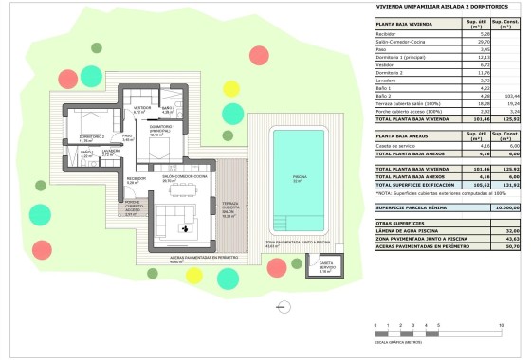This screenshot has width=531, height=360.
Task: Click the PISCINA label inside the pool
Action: (x=299, y=178)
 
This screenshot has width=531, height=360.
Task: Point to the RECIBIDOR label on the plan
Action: (x=135, y=180)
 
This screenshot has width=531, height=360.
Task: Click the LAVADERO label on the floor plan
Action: (x=111, y=152)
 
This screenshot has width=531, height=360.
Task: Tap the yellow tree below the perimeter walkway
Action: (x=193, y=278)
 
